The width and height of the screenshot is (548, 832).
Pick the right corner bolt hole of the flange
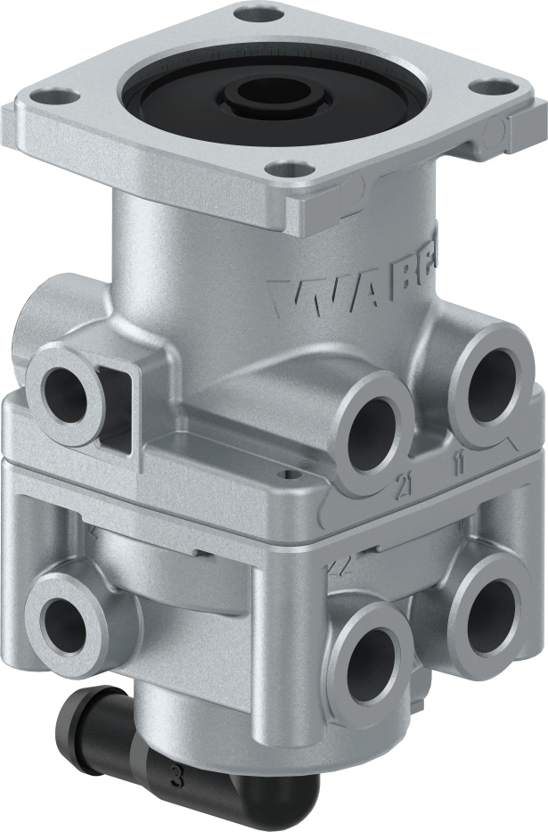(x=487, y=89)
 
